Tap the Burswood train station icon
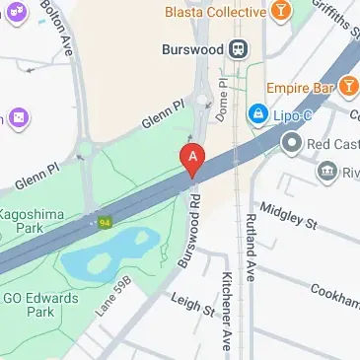click(238, 48)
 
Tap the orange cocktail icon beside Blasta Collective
click(282, 13)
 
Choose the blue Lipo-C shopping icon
click(257, 114)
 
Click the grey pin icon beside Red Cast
click(291, 144)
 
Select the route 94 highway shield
click(103, 222)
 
